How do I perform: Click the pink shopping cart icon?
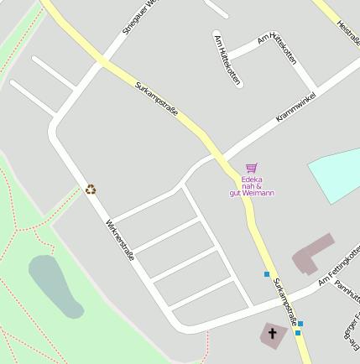coord(251,168)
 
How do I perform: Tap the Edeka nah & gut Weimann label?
coord(252,186)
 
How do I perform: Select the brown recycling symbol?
coord(91,190)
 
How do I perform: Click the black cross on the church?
coord(272,335)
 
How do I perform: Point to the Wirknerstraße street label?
coord(120,240)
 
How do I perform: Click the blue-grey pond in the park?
coord(55,285)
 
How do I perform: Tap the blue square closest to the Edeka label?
coord(267,274)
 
